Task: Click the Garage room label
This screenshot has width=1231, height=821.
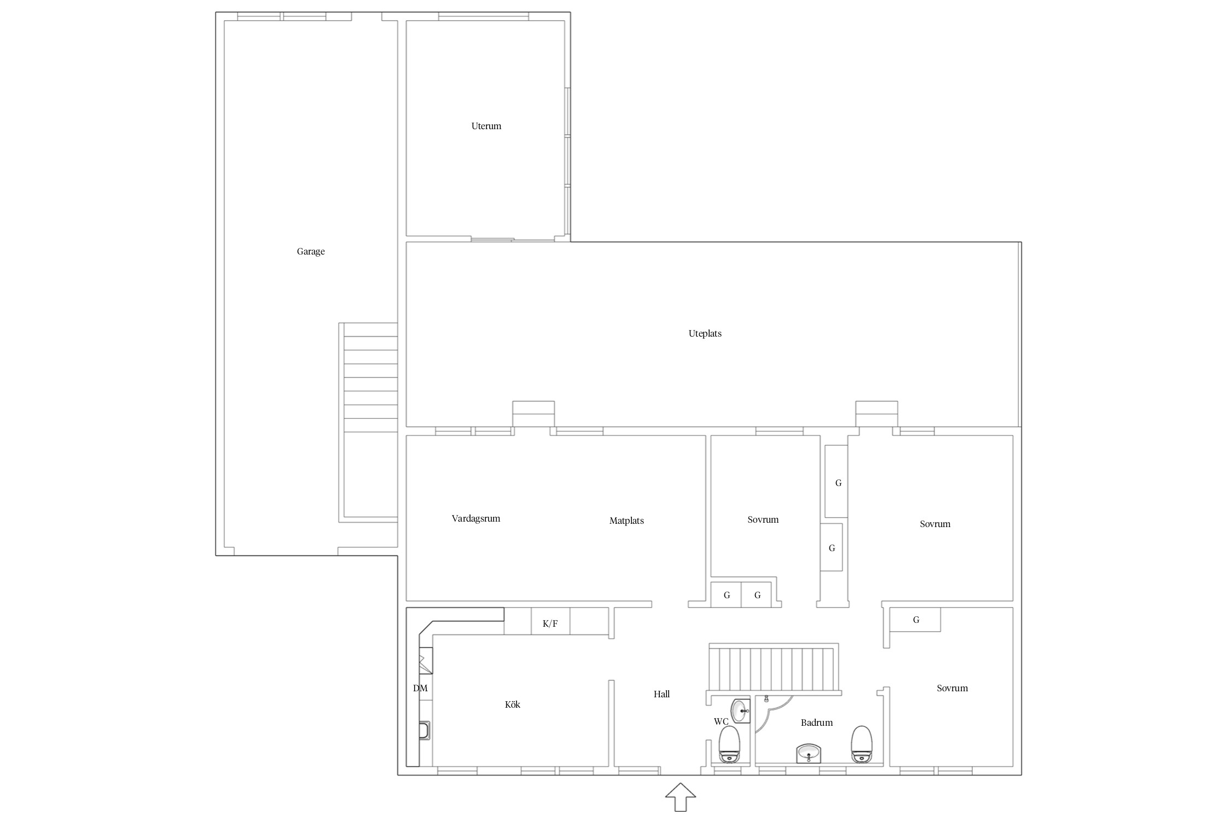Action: click(x=311, y=252)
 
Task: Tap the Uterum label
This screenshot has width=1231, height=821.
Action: click(x=486, y=126)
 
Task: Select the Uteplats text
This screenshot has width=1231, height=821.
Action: click(x=705, y=333)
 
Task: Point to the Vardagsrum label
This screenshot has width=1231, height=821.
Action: click(x=476, y=519)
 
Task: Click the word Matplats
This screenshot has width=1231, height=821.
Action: click(x=626, y=521)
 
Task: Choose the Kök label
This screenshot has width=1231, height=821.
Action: click(x=513, y=704)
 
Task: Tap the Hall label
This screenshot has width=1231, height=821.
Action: click(x=661, y=694)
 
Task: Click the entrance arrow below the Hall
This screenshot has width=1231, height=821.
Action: click(x=681, y=797)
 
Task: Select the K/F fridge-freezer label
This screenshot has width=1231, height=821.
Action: click(x=550, y=623)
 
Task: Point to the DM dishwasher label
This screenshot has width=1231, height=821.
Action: click(x=420, y=688)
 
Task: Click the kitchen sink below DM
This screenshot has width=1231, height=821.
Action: click(x=425, y=731)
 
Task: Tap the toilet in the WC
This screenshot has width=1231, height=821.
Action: click(x=729, y=744)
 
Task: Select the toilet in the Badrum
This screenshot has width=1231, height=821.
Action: click(x=862, y=744)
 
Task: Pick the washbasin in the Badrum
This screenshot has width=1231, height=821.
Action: click(x=809, y=753)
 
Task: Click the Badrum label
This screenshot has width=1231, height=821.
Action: click(x=816, y=722)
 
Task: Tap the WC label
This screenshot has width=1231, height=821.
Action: click(x=721, y=722)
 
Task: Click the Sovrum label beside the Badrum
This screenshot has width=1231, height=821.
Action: click(x=952, y=688)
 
